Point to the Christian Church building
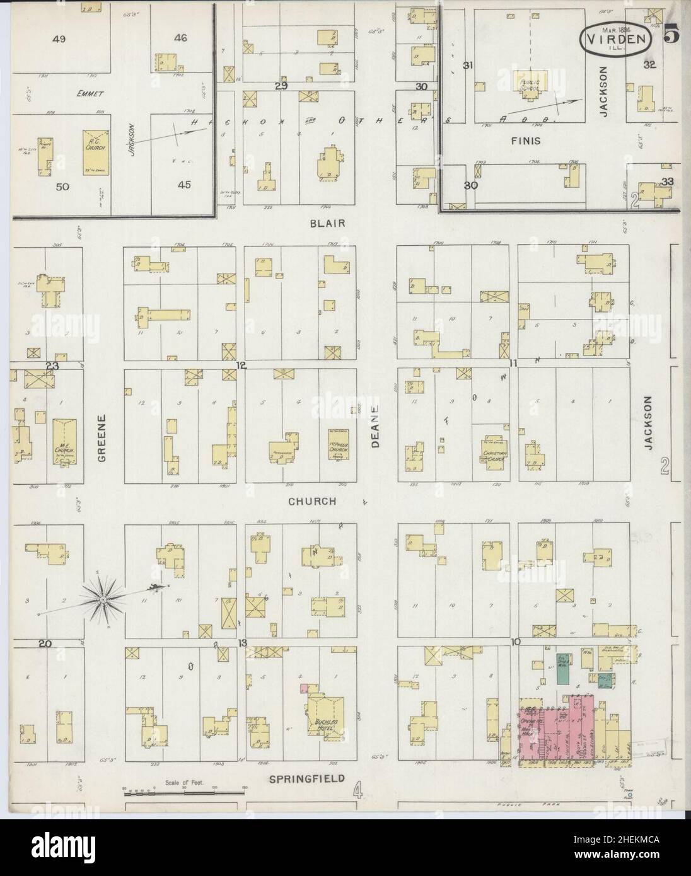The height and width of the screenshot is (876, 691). click(496, 453)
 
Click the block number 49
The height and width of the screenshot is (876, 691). click(59, 39)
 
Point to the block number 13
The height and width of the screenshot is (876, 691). click(241, 642)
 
